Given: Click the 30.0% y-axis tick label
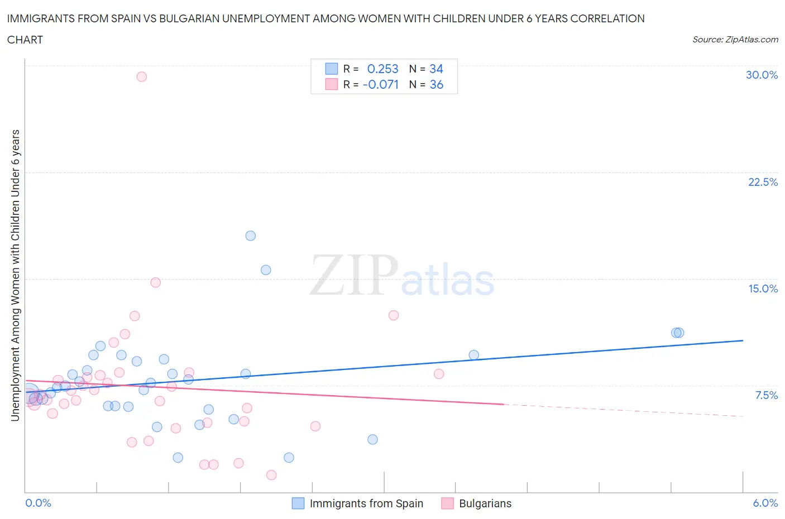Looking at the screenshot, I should click(762, 75).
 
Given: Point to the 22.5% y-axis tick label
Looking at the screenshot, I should click(763, 182).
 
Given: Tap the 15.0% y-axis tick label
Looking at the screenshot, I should click(763, 289).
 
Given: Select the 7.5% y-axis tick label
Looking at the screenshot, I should click(766, 395).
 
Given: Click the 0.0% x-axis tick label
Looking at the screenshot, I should click(39, 503).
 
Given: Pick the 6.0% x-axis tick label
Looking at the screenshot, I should click(765, 503).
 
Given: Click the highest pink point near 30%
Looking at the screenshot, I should click(142, 76).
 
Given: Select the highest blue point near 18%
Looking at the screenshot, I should click(251, 236).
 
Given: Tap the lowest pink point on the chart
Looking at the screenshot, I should click(271, 475).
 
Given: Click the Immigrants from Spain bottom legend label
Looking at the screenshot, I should click(366, 503).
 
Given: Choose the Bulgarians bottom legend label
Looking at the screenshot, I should click(485, 503).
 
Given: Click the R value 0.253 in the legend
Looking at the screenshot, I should click(382, 69).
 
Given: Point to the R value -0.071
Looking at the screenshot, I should click(381, 84).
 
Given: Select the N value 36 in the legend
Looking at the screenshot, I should click(436, 84).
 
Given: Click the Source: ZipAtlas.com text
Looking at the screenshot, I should click(735, 39).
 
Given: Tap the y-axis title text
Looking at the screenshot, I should click(15, 275).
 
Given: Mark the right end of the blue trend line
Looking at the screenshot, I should click(743, 340).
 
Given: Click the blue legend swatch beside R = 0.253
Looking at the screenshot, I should click(331, 69).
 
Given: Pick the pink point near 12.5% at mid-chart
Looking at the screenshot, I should click(394, 315).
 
